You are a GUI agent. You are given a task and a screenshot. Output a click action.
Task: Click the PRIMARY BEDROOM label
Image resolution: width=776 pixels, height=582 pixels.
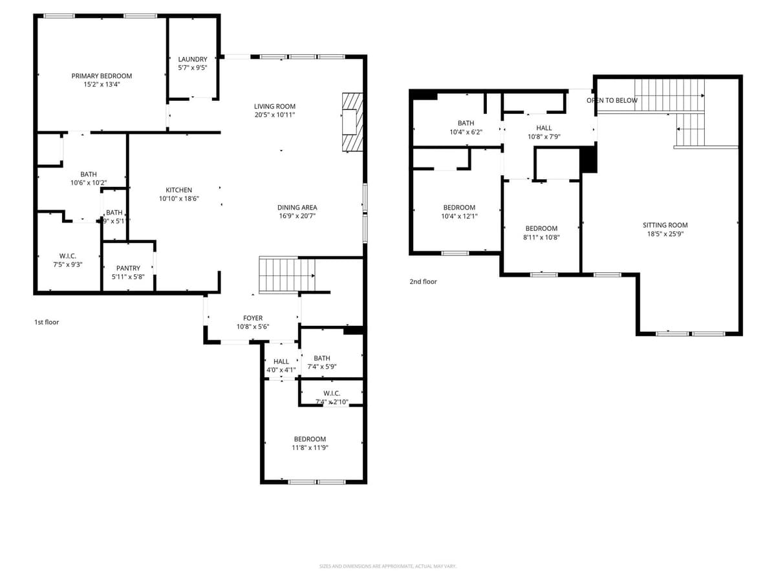point(102,76)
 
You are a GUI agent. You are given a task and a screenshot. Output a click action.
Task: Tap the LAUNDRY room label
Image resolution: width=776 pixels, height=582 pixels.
point(193,59)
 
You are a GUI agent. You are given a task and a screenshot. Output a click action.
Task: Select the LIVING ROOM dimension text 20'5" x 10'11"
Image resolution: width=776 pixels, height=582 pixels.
point(274,115)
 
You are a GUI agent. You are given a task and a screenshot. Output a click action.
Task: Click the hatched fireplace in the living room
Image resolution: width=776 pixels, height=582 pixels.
point(352,122)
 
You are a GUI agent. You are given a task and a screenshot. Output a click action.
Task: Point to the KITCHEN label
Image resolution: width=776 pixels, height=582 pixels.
point(178,190)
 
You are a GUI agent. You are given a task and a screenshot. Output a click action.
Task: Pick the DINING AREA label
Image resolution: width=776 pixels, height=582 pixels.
point(297,208)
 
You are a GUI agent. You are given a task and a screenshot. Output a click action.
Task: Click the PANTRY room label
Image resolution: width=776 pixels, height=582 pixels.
point(128,268)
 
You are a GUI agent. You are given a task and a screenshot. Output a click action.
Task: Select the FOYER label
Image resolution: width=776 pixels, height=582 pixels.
point(253,318)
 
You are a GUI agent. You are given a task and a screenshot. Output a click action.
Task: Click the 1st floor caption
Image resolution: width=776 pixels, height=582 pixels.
point(47,322)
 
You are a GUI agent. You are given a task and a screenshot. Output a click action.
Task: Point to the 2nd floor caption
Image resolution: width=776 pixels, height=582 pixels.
point(423,282)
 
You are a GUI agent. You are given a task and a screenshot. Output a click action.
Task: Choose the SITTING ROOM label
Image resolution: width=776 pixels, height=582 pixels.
point(665,225)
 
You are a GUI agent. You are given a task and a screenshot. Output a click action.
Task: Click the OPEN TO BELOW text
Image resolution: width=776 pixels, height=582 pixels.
point(612,100)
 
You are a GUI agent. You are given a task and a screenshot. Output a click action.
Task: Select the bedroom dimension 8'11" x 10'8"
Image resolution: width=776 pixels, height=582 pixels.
point(541,237)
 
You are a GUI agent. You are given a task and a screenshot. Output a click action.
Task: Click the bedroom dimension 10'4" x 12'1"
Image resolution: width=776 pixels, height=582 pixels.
point(459,217)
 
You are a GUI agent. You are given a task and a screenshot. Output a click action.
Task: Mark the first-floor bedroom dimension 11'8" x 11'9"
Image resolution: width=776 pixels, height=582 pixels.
point(310,447)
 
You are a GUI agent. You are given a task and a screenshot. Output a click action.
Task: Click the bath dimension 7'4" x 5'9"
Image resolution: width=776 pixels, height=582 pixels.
point(322,367)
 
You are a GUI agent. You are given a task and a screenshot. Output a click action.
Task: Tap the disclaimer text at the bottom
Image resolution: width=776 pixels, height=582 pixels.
point(388,566)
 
